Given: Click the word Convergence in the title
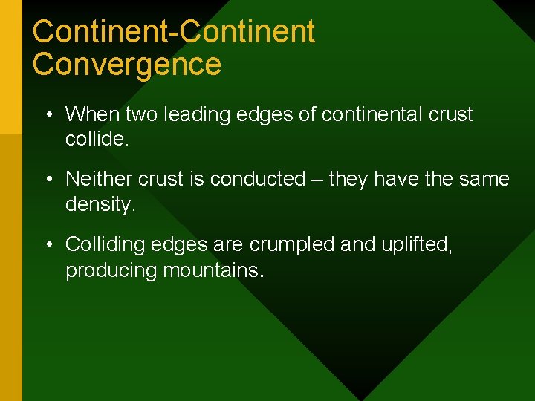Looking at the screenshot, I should [x=126, y=64].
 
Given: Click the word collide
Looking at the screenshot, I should [x=97, y=139].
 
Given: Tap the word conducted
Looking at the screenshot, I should [x=258, y=179].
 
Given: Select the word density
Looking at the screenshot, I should [x=100, y=203].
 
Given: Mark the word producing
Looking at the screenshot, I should [x=111, y=270].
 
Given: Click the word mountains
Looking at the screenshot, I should [x=210, y=270].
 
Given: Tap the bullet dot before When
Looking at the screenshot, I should [x=48, y=115].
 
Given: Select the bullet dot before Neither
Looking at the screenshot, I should [x=48, y=180].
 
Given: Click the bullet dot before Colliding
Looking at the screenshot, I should [x=48, y=244].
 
